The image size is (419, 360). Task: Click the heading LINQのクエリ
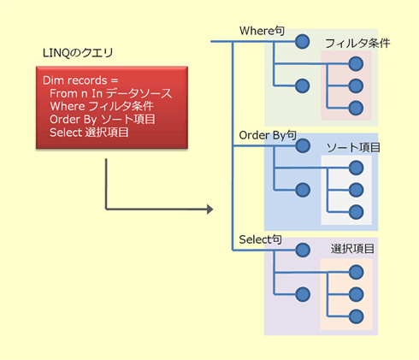78,53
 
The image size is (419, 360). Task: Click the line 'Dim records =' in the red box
80,80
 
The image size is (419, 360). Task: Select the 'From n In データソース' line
110,93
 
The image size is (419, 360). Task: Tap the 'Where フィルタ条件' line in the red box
102,106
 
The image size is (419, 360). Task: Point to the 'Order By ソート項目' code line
103,120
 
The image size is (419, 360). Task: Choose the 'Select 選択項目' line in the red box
89,133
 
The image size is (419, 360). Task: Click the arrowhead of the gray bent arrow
210,210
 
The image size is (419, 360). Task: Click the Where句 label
262,31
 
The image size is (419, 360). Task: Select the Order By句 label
268,135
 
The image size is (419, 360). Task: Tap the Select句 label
260,239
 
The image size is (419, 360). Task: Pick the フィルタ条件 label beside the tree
357,44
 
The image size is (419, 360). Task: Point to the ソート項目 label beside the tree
353,148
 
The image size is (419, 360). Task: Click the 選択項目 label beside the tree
352,249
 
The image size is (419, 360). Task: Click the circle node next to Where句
303,42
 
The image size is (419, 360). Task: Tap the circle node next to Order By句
303,146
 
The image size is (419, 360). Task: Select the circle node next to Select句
303,251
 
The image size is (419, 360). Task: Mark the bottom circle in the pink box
356,108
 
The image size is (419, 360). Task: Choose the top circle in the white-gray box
357,168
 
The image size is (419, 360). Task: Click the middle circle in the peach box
357,294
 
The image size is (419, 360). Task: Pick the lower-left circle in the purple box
303,294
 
